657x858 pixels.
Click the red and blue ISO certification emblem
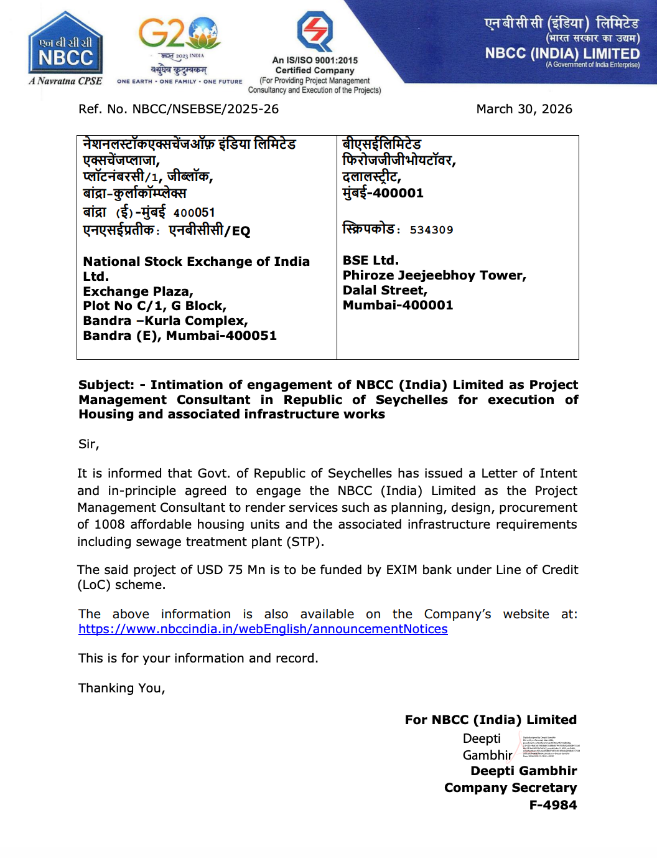pos(315,31)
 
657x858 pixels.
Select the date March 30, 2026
pos(524,109)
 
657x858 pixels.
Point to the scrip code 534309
pos(431,230)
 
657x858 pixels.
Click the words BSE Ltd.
pos(371,260)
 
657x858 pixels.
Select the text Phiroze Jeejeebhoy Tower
pos(434,275)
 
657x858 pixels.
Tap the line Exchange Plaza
pos(137,291)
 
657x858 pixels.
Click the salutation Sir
pos(88,444)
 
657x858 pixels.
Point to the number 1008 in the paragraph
pos(109,524)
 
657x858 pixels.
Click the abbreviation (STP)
pos(304,542)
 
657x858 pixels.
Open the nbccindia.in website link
pos(263,629)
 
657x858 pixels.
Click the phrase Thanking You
pos(121,688)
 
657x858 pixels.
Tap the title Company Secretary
pos(510,788)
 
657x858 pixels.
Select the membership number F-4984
pos(552,804)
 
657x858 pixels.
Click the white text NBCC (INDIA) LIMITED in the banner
pos(562,54)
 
